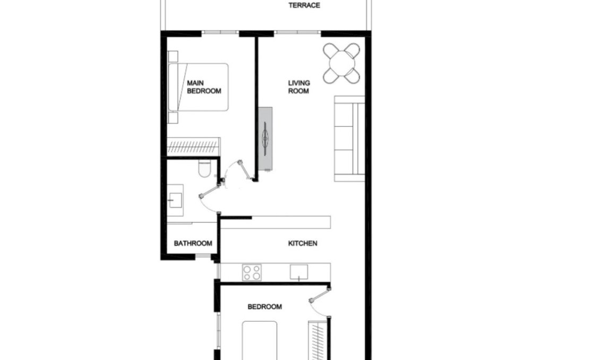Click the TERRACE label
point(304,6)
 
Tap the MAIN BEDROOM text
point(203,87)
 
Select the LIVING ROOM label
point(299,87)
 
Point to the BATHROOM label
point(193,244)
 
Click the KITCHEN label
point(303,244)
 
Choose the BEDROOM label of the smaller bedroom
point(265,307)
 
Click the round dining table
point(342,63)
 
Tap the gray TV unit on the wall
point(265,139)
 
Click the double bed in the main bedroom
point(199,87)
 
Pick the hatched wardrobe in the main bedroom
point(193,146)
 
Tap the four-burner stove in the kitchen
point(252,272)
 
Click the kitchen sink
point(298,272)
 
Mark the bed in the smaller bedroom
point(260,340)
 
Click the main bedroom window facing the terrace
point(220,33)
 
